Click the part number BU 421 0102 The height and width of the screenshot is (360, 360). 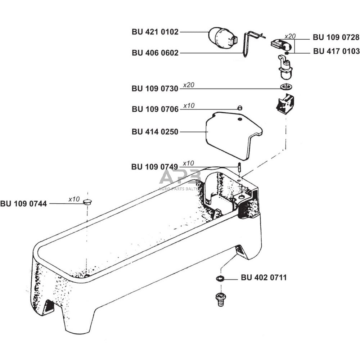tap(155, 32)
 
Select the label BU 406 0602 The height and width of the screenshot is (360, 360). tap(155, 53)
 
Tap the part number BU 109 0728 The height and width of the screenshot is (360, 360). tap(336, 37)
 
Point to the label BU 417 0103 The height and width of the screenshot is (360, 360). tap(336, 51)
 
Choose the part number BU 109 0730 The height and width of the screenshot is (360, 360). tap(155, 89)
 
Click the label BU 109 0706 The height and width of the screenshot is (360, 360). tap(155, 109)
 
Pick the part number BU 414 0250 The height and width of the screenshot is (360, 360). tap(155, 132)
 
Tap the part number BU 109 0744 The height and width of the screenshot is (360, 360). tap(23, 204)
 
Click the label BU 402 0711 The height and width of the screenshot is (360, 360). tap(264, 278)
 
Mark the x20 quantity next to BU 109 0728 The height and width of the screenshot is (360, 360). tap(290, 36)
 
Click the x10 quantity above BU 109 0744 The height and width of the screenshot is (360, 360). tap(74, 199)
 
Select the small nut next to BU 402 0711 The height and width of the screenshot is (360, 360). tap(220, 278)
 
